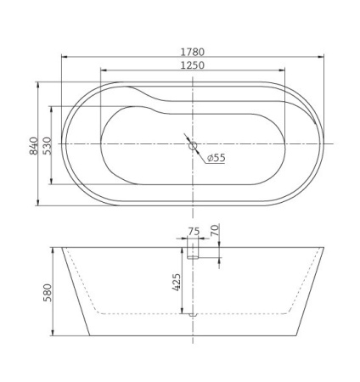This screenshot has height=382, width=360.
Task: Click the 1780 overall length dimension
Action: pyautogui.click(x=193, y=52)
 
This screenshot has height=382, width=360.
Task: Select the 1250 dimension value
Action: pyautogui.click(x=193, y=65)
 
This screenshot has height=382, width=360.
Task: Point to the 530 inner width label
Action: pyautogui.click(x=48, y=144)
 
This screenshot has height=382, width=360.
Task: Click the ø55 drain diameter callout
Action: pyautogui.click(x=215, y=158)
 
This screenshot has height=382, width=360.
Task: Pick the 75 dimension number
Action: pyautogui.click(x=193, y=230)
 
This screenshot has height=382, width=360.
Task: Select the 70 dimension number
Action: pyautogui.click(x=215, y=230)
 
